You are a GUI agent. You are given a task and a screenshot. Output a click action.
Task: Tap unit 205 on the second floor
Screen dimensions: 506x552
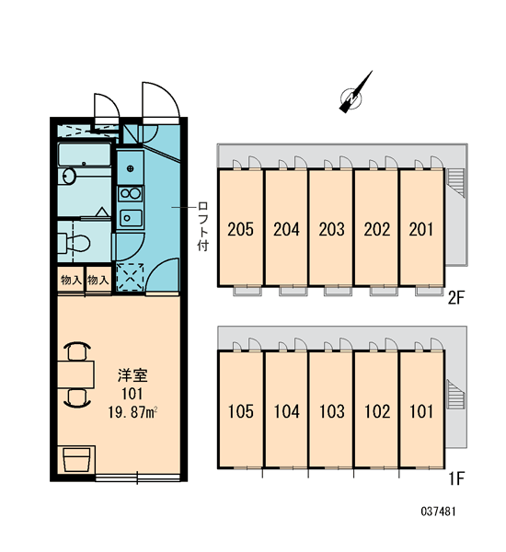coord(240,227)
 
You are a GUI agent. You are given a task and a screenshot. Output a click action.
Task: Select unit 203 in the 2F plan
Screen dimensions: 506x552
coord(331,227)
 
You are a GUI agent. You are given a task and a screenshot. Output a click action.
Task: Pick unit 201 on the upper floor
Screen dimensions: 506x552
coord(421,227)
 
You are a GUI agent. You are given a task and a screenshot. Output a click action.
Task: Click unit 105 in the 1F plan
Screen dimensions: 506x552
coord(240,409)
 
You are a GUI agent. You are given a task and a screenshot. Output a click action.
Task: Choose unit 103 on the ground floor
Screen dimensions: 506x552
coord(331,409)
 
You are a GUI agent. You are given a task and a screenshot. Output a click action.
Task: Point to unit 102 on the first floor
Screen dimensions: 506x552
coord(377,409)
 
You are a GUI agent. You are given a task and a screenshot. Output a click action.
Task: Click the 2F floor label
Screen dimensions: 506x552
coord(456,298)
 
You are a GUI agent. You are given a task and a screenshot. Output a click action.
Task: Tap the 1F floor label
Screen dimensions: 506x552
coord(456,478)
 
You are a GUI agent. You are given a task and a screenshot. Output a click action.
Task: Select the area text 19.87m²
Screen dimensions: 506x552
coord(132,412)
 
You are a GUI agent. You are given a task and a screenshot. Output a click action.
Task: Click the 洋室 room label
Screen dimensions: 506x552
coord(132,375)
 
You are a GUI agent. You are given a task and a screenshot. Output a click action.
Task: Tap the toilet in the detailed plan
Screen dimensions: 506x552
coord(74,243)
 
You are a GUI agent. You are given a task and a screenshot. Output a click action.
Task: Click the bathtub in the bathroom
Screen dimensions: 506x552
coord(85,155)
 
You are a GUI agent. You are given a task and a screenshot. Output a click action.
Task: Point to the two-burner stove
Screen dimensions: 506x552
coord(131,193)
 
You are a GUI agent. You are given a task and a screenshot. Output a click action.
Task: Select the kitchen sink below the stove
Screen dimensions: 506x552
coord(131,218)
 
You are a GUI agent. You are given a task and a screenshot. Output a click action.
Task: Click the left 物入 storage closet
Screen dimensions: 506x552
coord(71,280)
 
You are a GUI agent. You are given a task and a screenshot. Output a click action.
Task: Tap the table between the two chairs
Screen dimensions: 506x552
coord(76,374)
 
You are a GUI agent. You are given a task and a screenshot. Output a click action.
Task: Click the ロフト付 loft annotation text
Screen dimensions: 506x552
coord(203,226)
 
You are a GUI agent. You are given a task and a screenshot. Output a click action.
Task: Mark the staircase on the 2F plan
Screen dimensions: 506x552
coord(456,180)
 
